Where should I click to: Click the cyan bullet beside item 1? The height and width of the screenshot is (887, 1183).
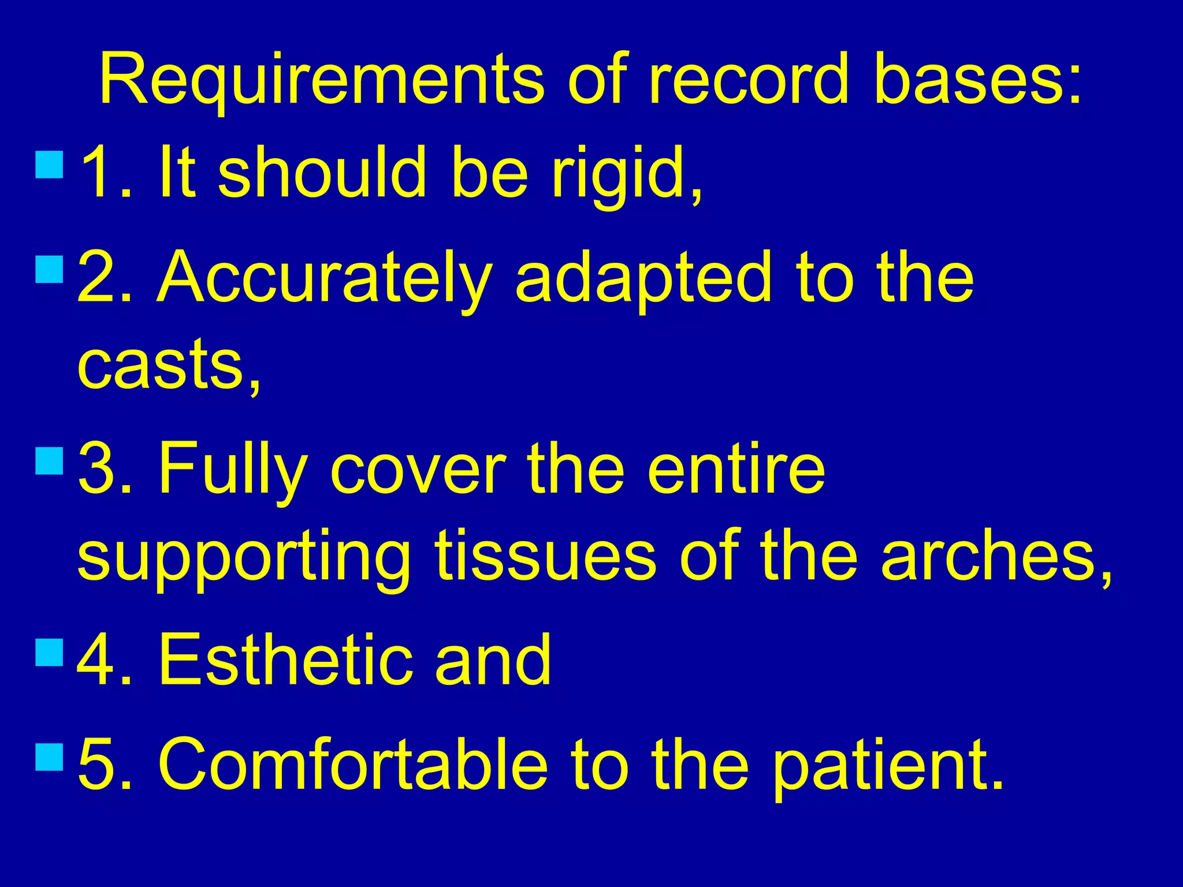[x=49, y=164]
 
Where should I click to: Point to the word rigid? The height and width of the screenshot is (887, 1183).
[x=626, y=173]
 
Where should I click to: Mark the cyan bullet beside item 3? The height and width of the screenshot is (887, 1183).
[x=49, y=461]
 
